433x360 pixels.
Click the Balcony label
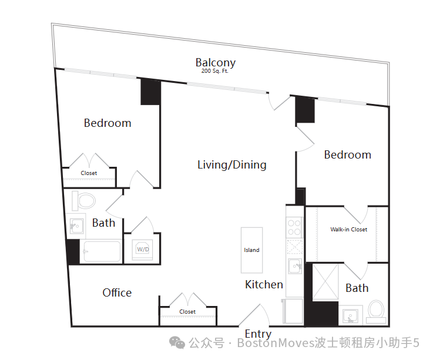pos(216,63)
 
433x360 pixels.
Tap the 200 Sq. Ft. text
pos(215,71)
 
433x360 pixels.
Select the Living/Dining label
pos(232,165)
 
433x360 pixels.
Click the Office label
pos(117,292)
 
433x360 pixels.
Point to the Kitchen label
pos(264,285)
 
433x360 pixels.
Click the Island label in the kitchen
pos(251,250)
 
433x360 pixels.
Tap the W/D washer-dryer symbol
pos(143,249)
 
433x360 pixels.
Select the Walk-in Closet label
pos(349,230)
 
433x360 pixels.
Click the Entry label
pos(258,334)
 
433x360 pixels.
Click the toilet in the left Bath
pos(84,201)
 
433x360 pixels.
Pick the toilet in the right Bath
pos(376,312)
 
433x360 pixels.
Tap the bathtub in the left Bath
pos(102,251)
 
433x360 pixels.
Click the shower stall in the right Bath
pos(325,281)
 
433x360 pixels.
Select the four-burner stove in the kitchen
pos(294,227)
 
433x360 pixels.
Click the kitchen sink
pos(295,266)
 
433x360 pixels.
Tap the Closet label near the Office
pos(187,312)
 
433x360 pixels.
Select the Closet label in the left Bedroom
pos(89,173)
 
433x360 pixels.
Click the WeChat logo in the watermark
pos(177,342)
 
